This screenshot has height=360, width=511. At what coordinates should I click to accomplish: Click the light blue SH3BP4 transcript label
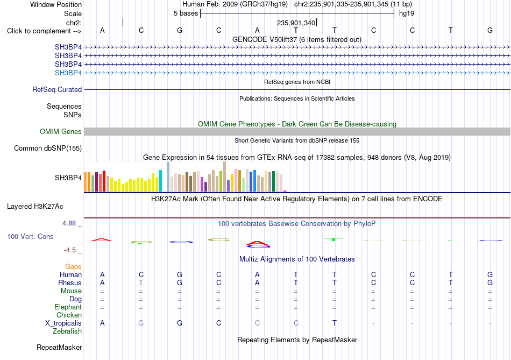pyautogui.click(x=68, y=73)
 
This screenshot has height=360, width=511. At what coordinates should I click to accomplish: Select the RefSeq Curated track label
pyautogui.click(x=57, y=89)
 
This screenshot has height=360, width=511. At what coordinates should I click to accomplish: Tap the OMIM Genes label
pyautogui.click(x=61, y=131)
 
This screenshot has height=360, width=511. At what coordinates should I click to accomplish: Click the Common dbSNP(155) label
pyautogui.click(x=48, y=148)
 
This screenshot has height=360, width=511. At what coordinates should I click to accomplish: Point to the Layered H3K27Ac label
pyautogui.click(x=35, y=207)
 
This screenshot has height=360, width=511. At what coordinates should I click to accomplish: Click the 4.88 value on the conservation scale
pyautogui.click(x=69, y=223)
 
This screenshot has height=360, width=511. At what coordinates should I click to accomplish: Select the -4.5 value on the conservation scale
pyautogui.click(x=70, y=250)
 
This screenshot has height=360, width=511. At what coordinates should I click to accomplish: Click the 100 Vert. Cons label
pyautogui.click(x=30, y=236)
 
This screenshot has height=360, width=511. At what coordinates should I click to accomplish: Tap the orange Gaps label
pyautogui.click(x=73, y=266)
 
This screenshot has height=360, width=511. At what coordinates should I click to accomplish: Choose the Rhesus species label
pyautogui.click(x=70, y=283)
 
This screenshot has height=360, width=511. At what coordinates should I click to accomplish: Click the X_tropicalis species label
pyautogui.click(x=63, y=323)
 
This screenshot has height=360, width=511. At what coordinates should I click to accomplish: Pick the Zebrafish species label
pyautogui.click(x=67, y=331)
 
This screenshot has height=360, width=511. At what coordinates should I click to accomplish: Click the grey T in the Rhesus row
pyautogui.click(x=141, y=283)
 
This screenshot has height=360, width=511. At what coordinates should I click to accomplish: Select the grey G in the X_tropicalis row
pyautogui.click(x=141, y=323)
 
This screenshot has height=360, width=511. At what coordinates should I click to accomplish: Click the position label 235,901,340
pyautogui.click(x=296, y=23)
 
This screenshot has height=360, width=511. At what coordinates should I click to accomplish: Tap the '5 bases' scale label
pyautogui.click(x=186, y=13)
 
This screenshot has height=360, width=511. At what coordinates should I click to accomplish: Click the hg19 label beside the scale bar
pyautogui.click(x=407, y=13)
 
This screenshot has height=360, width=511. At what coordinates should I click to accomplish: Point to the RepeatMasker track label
pyautogui.click(x=59, y=347)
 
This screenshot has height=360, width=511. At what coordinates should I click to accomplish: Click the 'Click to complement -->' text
pyautogui.click(x=44, y=31)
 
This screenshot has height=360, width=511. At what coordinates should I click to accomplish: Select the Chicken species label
pyautogui.click(x=69, y=315)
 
